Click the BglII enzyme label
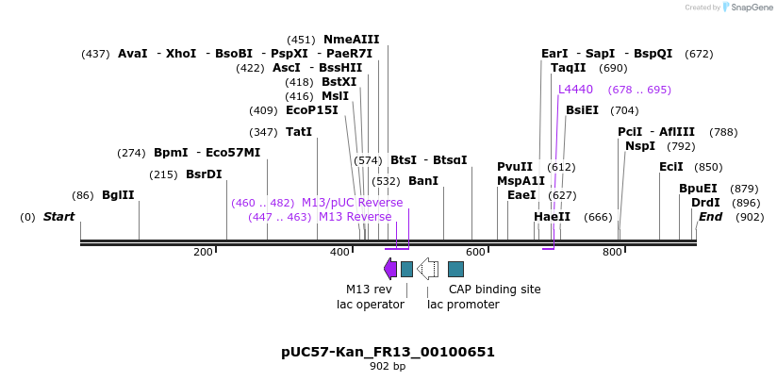(x=118, y=195)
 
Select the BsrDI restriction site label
(x=204, y=174)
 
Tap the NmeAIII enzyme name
(x=351, y=40)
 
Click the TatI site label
(x=298, y=132)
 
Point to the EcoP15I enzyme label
(x=311, y=110)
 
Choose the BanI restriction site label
(x=423, y=181)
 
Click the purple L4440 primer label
(x=575, y=90)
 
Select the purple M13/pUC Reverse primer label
(x=352, y=203)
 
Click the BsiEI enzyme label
(x=582, y=110)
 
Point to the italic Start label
(x=58, y=217)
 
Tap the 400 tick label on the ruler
(x=339, y=253)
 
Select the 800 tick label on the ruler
(x=612, y=253)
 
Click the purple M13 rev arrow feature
(x=389, y=269)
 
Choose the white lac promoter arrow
(x=427, y=269)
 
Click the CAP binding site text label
(x=494, y=290)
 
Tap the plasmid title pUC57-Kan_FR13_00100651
(x=388, y=352)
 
